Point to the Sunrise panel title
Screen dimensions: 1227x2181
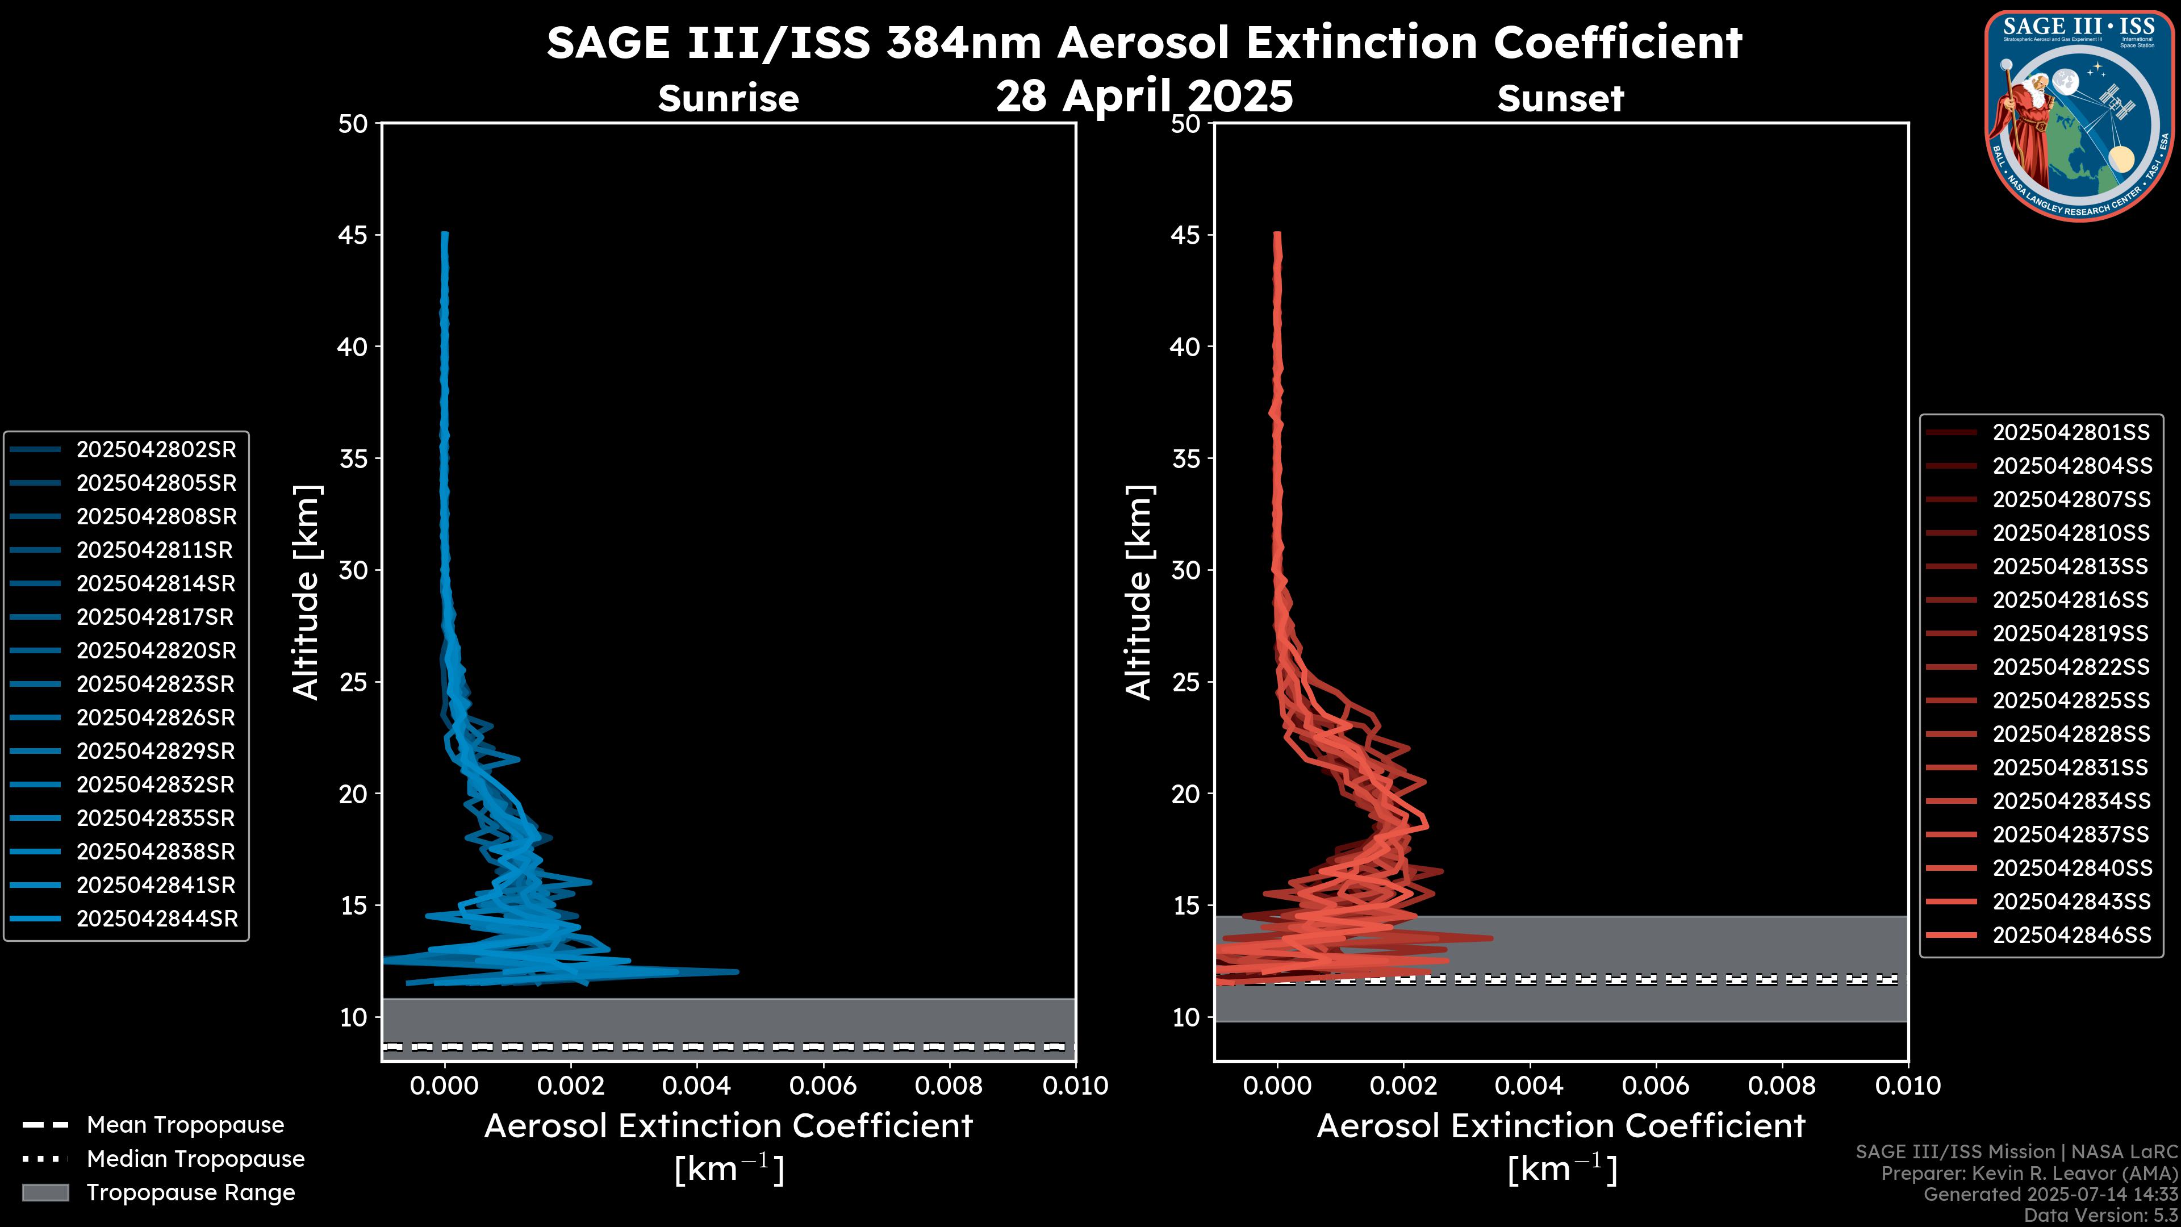click(x=728, y=99)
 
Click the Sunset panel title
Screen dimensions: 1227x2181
click(x=1560, y=99)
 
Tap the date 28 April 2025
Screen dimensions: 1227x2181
click(x=1144, y=95)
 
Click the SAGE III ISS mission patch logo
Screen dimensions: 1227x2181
click(x=2079, y=115)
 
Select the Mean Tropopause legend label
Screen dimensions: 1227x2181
click(x=185, y=1125)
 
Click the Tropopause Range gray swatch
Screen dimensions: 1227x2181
click(x=45, y=1192)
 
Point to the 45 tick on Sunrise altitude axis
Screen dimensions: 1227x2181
click(x=354, y=235)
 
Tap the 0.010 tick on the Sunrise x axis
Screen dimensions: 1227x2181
click(x=1075, y=1086)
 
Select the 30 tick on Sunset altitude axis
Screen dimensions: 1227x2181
click(x=1186, y=570)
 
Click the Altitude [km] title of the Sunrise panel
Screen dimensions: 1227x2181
click(x=306, y=592)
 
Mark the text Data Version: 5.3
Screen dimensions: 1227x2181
click(x=2100, y=1215)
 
